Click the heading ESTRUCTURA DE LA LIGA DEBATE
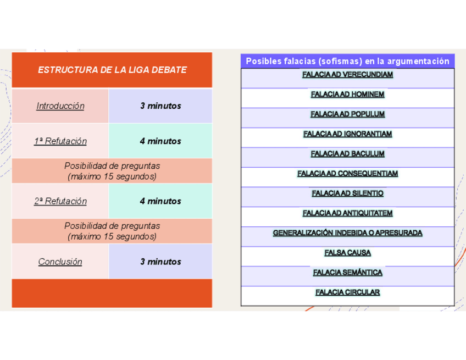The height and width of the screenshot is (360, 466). (112, 70)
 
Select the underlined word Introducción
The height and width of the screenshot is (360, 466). (60, 106)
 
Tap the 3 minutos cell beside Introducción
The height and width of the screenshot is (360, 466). (160, 106)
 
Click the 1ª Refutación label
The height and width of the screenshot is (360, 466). (60, 141)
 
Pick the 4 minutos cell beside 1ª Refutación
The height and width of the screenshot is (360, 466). (160, 141)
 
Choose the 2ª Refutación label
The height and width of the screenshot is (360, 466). (60, 201)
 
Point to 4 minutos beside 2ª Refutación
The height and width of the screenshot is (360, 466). (160, 201)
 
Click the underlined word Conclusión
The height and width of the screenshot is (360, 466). (60, 262)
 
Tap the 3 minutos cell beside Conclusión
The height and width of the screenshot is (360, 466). (160, 262)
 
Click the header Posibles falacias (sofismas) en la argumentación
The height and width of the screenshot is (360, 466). (347, 62)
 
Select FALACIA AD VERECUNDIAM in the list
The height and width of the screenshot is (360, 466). (347, 75)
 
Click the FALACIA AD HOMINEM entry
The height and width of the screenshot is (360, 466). (347, 95)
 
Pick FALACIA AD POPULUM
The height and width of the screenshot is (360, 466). (347, 114)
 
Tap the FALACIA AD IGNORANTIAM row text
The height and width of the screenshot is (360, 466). (347, 134)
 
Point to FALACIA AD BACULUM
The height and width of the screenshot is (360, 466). (347, 154)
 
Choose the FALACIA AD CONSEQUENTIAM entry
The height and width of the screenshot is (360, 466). (347, 174)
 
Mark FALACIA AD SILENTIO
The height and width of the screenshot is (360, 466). (347, 193)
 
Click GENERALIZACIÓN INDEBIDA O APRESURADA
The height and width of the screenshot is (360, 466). (347, 233)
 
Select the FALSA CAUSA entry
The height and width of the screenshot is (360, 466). (347, 253)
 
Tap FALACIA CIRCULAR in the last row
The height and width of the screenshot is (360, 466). (347, 292)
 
